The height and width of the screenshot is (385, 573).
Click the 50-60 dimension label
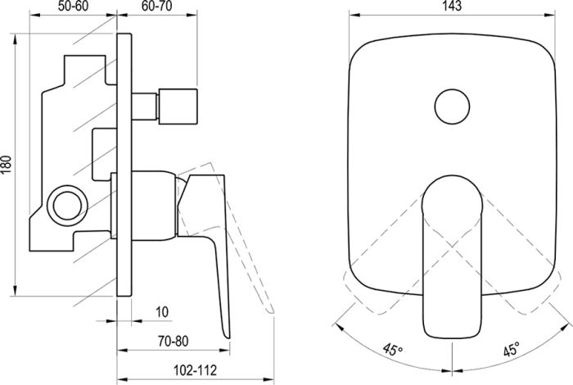point(74,6)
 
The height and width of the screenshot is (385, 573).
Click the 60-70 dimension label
point(156,6)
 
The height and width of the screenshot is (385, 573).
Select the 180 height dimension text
point(7,165)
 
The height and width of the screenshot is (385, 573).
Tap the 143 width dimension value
point(453,6)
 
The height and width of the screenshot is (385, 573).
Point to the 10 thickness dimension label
point(162,312)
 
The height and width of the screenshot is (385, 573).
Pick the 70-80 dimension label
point(174,341)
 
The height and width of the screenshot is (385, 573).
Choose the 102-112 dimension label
point(194,370)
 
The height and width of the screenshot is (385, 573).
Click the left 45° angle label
point(392,350)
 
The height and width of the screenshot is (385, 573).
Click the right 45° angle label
point(512,350)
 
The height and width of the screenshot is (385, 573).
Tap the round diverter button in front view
point(452,106)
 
